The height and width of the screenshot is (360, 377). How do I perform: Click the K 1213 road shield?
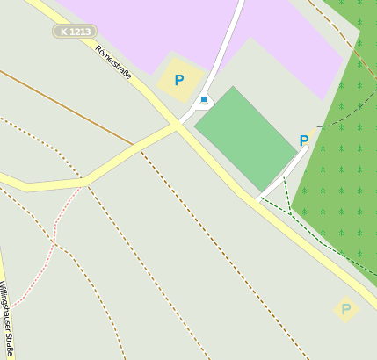74,32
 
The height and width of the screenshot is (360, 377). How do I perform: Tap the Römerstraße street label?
113,61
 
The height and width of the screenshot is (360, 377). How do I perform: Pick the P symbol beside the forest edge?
304,140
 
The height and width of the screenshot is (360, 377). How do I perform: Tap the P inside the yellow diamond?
346,309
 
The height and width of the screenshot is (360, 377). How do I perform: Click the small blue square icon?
204,99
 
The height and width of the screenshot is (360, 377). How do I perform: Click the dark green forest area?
343,193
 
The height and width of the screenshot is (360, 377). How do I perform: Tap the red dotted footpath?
48,255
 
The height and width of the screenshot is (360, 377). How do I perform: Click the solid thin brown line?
70,105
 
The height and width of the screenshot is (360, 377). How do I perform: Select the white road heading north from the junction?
225,53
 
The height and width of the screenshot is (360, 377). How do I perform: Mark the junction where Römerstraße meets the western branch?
177,126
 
